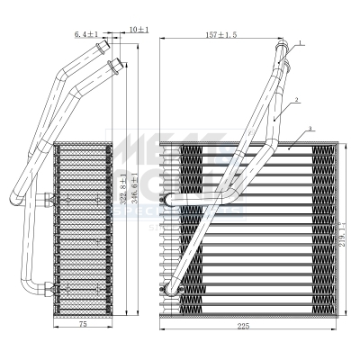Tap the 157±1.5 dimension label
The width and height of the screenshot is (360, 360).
pos(221,35)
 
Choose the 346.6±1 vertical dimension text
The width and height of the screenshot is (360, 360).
pos(136,191)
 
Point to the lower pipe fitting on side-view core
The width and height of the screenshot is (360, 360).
pos(42,289)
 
